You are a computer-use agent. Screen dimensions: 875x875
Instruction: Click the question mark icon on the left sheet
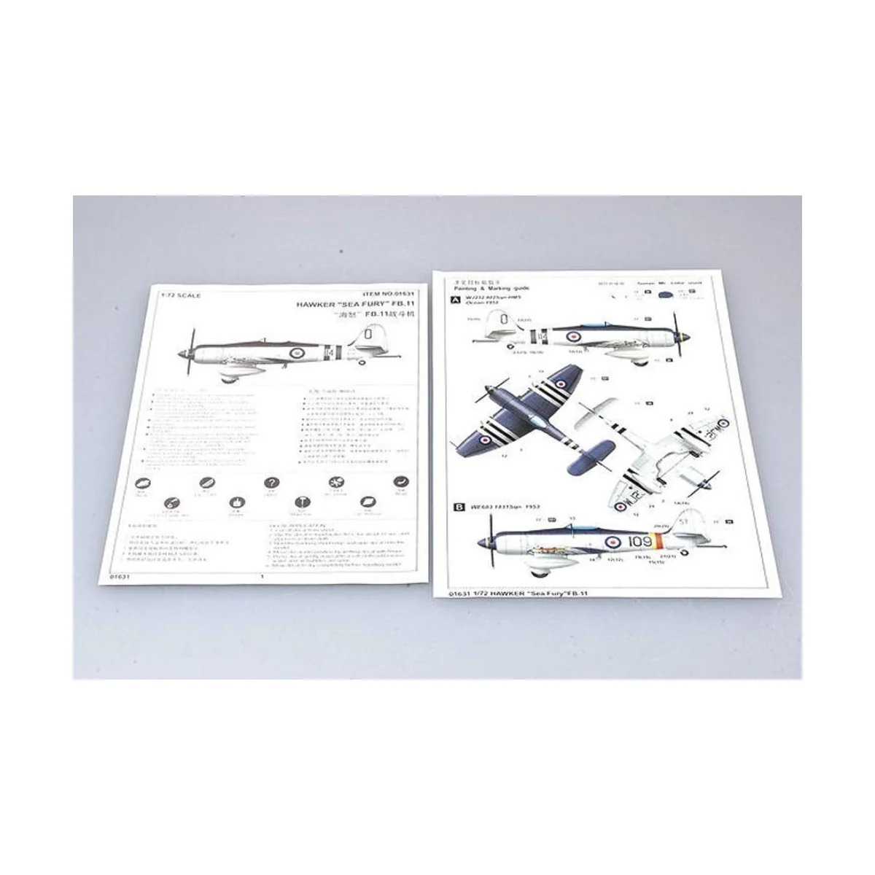tap(271, 483)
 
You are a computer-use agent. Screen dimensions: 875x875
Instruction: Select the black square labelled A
tap(457, 300)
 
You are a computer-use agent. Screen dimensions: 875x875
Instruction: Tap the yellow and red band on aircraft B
tap(658, 541)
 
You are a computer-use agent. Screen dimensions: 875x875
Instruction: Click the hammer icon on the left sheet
tap(300, 502)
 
